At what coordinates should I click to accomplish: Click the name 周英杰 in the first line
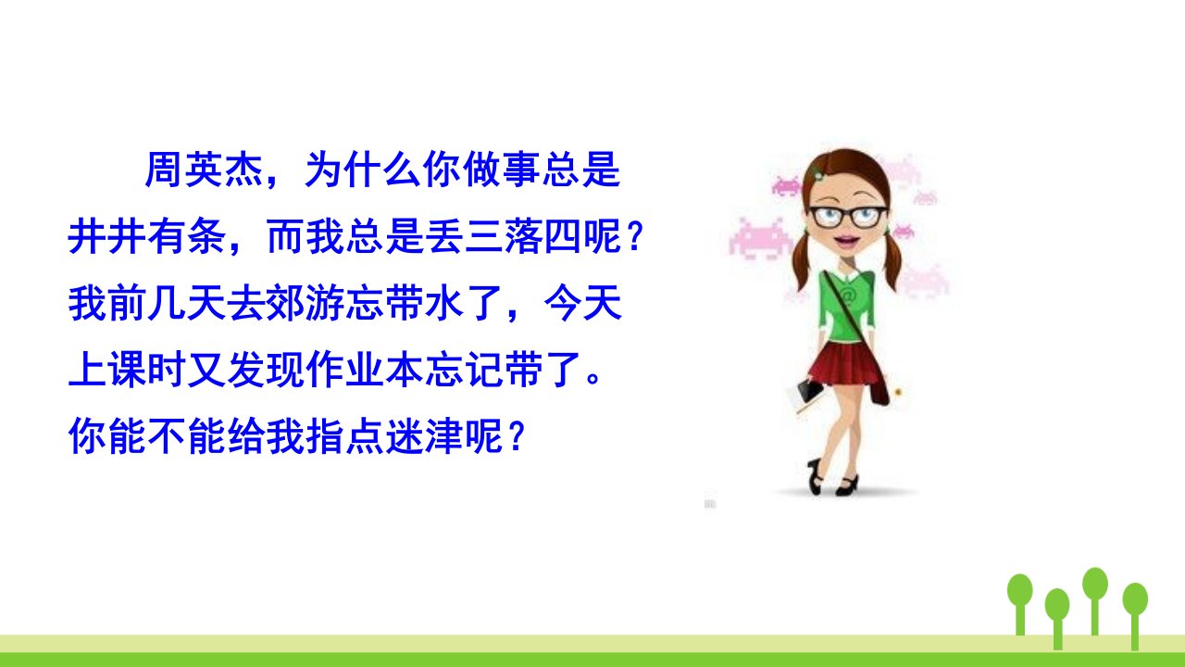point(205,170)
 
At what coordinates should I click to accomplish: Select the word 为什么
point(363,170)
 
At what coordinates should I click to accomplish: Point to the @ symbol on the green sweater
point(847,295)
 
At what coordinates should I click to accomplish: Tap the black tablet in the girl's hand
point(810,391)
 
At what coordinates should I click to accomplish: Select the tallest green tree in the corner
point(1094,601)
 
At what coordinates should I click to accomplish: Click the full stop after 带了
point(593,377)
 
